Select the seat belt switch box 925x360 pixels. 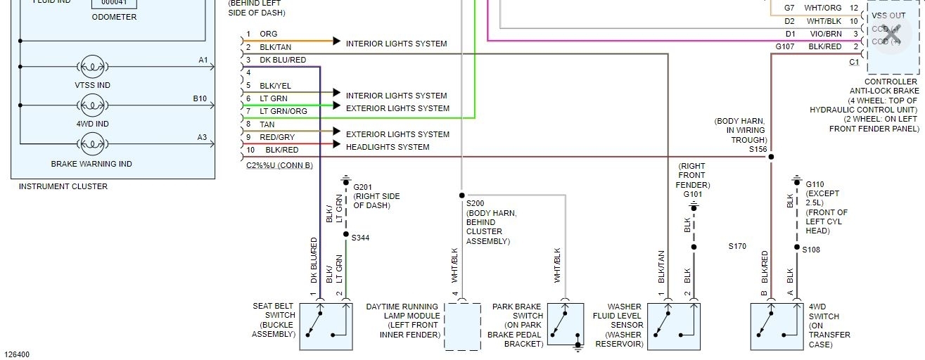tap(326, 326)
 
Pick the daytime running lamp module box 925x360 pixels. tap(462, 326)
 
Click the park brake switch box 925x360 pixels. tap(565, 325)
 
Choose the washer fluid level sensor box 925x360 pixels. tap(673, 326)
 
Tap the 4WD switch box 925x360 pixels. tap(777, 326)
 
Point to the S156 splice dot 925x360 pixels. tap(771, 157)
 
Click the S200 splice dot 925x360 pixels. tap(462, 195)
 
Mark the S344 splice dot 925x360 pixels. tap(345, 235)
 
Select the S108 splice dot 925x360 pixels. tap(796, 247)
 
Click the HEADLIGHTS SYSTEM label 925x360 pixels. tap(387, 147)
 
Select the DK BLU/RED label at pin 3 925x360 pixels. tap(283, 60)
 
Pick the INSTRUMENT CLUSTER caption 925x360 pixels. tap(63, 186)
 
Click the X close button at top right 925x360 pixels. tap(891, 34)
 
